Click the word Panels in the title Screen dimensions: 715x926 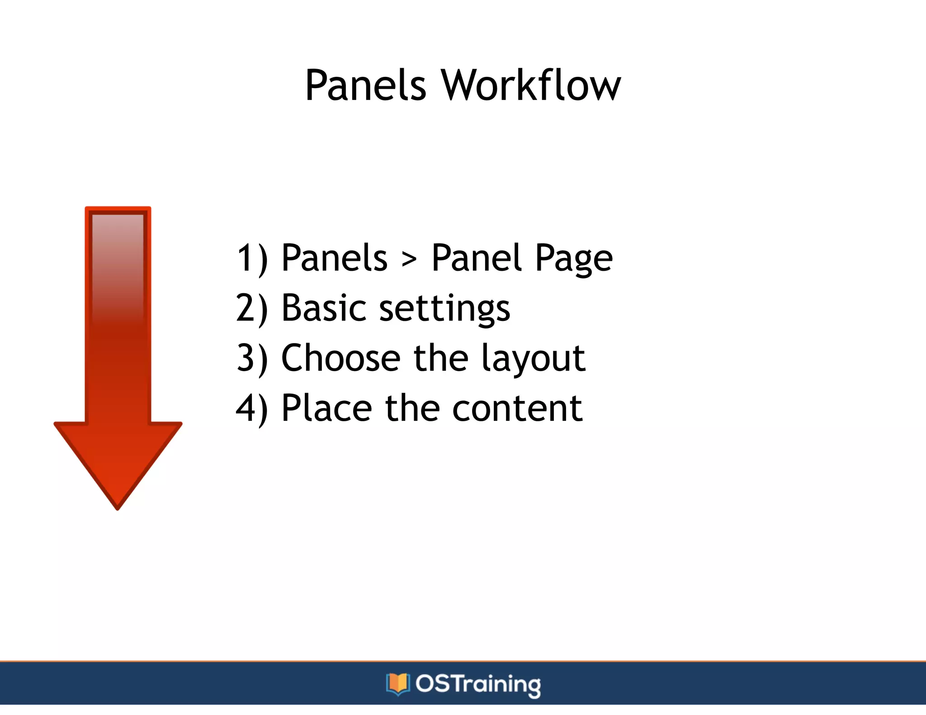click(x=365, y=85)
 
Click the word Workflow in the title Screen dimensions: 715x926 click(x=531, y=85)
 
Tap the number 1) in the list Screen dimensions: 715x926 click(x=252, y=258)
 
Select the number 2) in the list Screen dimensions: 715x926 click(x=252, y=308)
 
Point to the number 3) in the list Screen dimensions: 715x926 click(x=252, y=358)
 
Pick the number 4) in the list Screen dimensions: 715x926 click(x=252, y=409)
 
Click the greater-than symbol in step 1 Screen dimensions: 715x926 click(x=409, y=259)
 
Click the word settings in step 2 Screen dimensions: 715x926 click(x=444, y=309)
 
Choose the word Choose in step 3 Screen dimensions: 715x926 click(x=340, y=358)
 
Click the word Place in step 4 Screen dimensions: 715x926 click(x=326, y=409)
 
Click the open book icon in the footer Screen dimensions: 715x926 click(x=397, y=684)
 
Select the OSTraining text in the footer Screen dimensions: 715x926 click(x=478, y=684)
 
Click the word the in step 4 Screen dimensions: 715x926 click(x=412, y=409)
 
